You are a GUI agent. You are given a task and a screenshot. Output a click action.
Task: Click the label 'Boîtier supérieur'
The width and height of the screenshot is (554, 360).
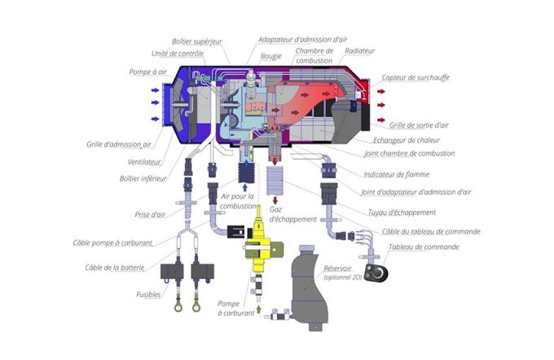[197, 41]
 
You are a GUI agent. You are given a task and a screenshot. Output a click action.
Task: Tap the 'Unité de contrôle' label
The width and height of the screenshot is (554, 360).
[178, 54]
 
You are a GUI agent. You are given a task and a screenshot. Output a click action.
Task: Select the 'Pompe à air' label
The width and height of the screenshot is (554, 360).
[147, 72]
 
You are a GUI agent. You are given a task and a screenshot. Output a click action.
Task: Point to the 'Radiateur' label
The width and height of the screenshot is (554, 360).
[359, 50]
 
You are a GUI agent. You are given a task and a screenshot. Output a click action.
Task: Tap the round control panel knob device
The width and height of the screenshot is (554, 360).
[377, 274]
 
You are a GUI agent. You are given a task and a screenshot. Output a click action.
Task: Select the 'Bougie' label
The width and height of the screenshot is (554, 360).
[270, 58]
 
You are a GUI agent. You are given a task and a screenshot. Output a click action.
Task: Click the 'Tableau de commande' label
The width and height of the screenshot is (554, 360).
[423, 247]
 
